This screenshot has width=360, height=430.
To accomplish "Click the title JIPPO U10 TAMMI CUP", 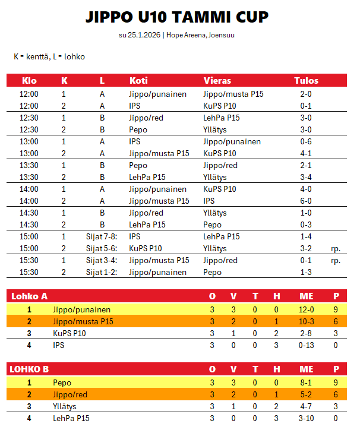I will pos(176,17).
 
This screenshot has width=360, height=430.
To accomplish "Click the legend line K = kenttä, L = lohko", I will pos(49,56).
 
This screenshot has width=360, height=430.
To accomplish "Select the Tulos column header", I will pos(306,81).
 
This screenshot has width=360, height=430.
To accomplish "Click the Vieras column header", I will pos(217,81).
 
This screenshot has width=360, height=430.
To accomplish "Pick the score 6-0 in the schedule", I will pos(306,201).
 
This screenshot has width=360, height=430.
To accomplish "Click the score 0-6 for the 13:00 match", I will pos(306,141).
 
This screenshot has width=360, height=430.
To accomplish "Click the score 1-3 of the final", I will pos(306,272).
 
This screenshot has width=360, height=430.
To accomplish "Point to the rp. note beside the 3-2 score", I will pos(336,248).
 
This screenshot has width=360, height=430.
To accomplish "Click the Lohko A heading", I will pos(29,296).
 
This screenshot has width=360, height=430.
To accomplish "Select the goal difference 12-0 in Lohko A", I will pos(306,309).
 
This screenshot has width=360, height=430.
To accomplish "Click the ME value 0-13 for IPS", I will pos(306,345).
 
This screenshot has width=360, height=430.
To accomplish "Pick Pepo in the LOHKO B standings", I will pos(62,383).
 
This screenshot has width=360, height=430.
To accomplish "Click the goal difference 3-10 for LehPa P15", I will pos(306,419).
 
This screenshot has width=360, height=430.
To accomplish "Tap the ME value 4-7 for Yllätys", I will pos(306,407).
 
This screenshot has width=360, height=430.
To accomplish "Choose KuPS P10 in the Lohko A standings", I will pos(70,333).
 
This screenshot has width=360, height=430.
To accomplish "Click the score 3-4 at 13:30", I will pos(306,177).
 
